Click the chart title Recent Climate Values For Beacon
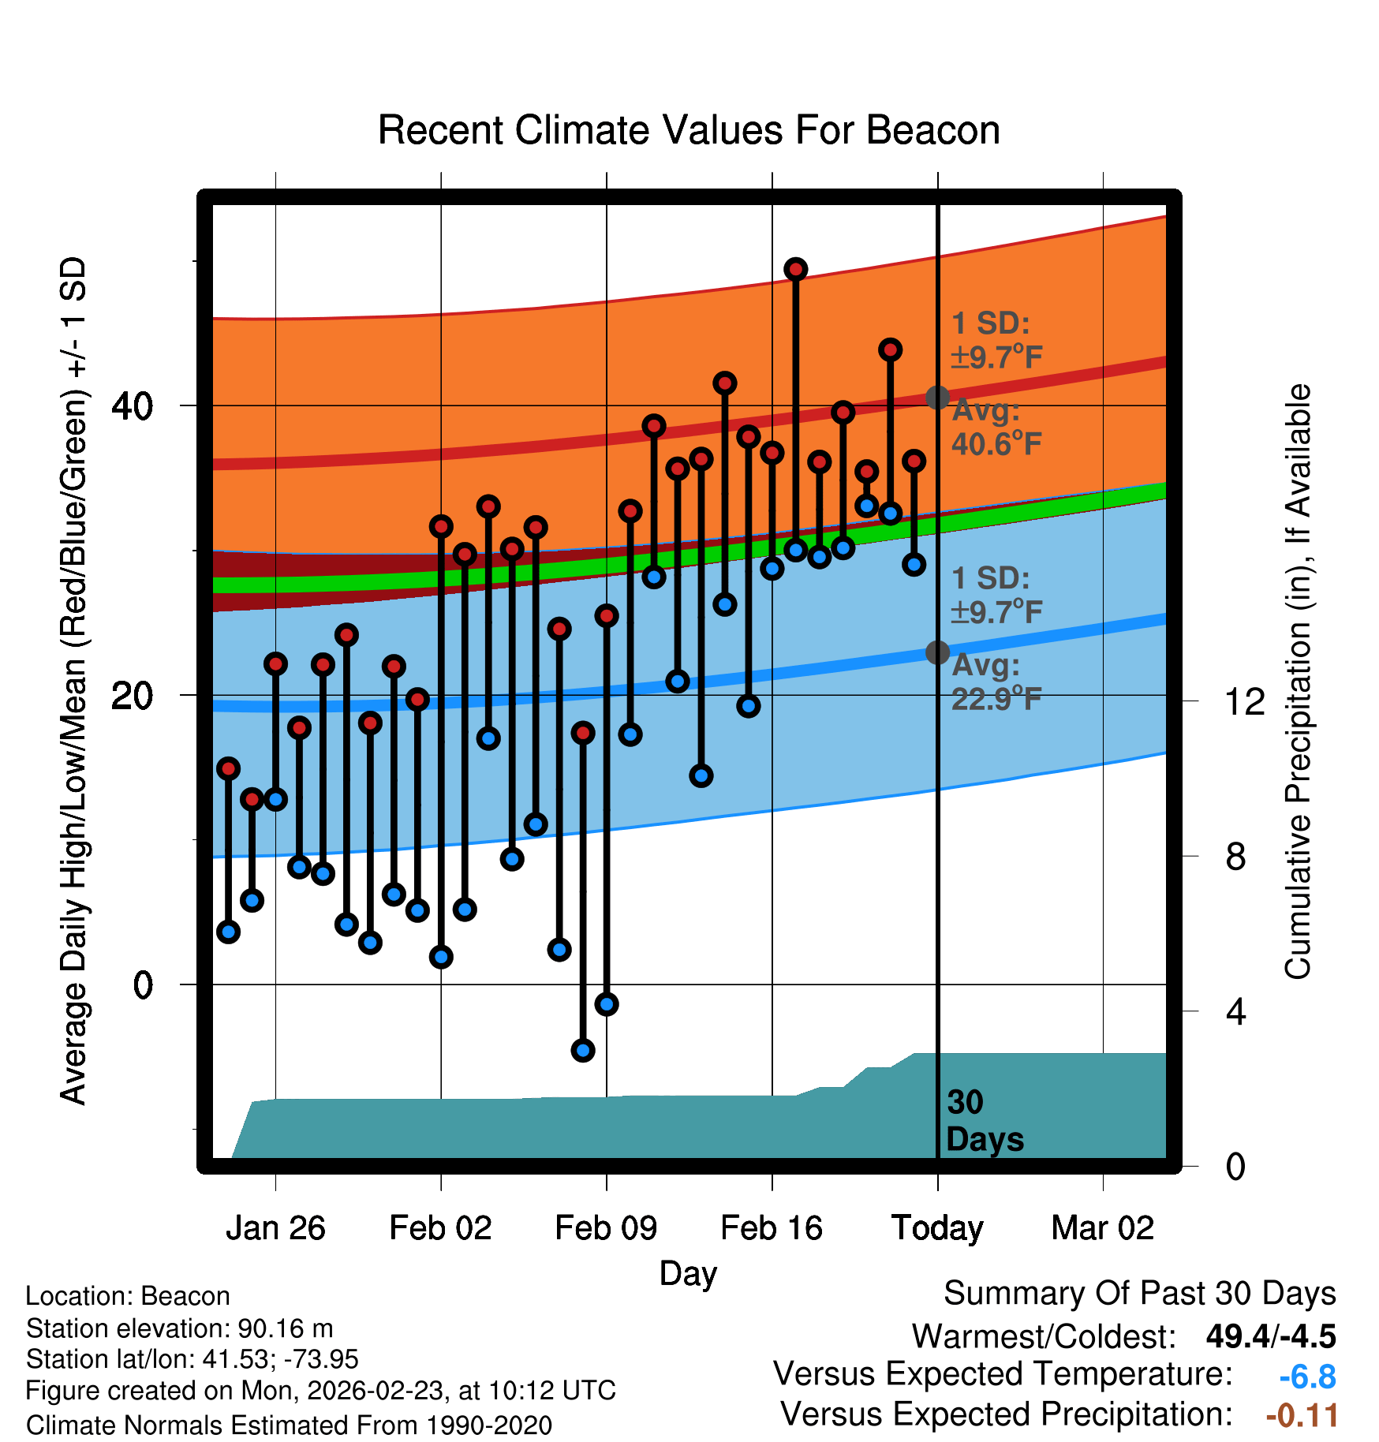689,130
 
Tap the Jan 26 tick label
275,1228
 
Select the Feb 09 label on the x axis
606,1228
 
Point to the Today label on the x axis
937,1228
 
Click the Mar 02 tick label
1103,1228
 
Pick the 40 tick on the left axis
132,406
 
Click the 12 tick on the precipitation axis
1244,701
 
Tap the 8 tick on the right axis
1235,857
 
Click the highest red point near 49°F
795,269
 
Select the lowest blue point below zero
583,1050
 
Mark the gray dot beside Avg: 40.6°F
937,397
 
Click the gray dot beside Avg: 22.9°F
937,652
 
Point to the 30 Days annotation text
984,1121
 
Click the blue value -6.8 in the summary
1307,1377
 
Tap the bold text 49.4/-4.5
1271,1336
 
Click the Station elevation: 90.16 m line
179,1329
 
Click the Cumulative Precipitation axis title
1297,682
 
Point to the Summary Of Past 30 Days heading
1139,1294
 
